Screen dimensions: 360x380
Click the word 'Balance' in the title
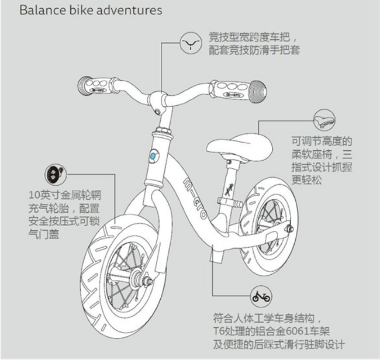(41, 11)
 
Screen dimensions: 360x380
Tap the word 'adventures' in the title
(131, 11)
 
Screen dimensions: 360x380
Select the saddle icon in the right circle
(324, 120)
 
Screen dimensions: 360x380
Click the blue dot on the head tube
(153, 156)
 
